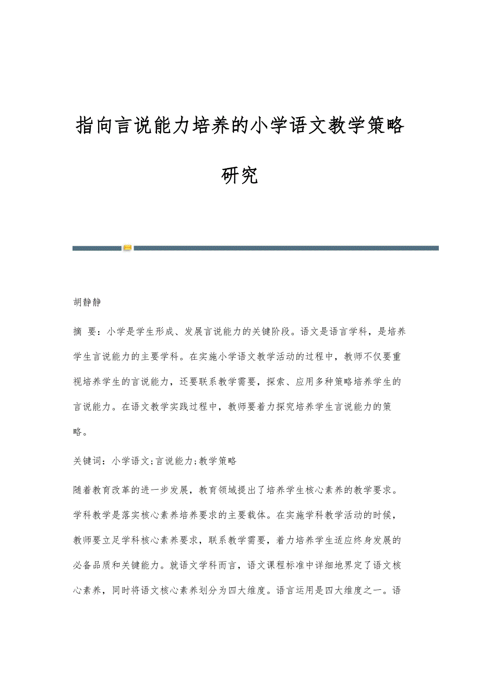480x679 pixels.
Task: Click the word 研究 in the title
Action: [x=239, y=176]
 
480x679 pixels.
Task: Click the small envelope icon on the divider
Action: [x=127, y=248]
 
